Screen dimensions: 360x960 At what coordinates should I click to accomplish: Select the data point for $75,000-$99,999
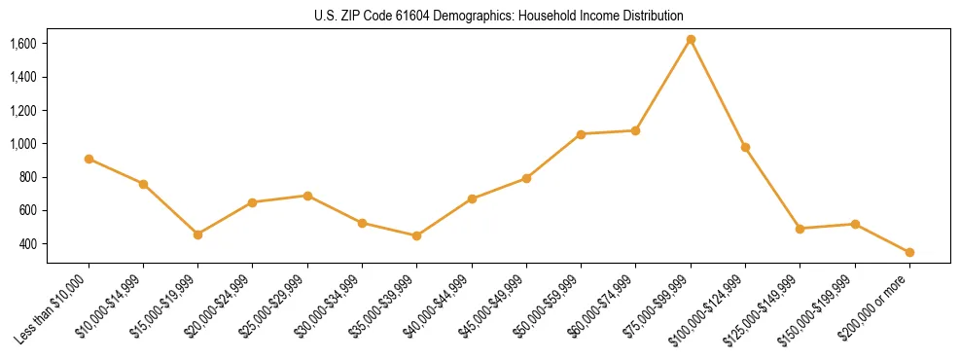coord(691,40)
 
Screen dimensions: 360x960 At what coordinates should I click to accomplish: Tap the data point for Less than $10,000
coord(89,159)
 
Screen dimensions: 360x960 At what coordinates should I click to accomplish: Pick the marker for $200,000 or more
coord(909,252)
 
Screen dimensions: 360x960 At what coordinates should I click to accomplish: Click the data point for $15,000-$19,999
coord(198,234)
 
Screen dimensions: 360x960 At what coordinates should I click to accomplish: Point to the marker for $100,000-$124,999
coord(745,147)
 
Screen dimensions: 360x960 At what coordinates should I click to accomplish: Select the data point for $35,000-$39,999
coord(417,235)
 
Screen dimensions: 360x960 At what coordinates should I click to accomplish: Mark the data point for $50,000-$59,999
coord(581,134)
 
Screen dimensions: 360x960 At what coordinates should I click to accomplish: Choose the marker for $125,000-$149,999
coord(800,229)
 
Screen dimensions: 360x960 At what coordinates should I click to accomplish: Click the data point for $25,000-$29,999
coord(307,196)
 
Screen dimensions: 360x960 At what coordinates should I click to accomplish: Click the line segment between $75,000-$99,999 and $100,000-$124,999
coord(718,93)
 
